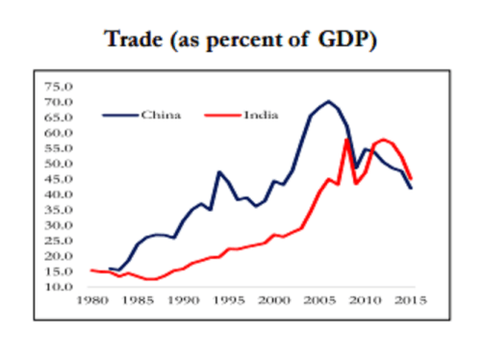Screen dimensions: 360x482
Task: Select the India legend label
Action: click(x=263, y=116)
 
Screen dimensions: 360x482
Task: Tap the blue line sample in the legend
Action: click(x=118, y=116)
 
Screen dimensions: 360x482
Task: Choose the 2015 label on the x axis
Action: click(x=412, y=301)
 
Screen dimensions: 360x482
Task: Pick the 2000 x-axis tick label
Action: click(x=274, y=301)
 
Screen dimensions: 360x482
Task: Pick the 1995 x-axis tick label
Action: click(x=229, y=301)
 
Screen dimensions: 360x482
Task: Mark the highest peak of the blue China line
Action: click(x=329, y=101)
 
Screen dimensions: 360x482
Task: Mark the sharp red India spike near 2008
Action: click(x=346, y=140)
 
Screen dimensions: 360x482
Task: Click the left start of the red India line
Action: click(x=91, y=270)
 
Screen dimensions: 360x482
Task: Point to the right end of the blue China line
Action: click(x=412, y=188)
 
